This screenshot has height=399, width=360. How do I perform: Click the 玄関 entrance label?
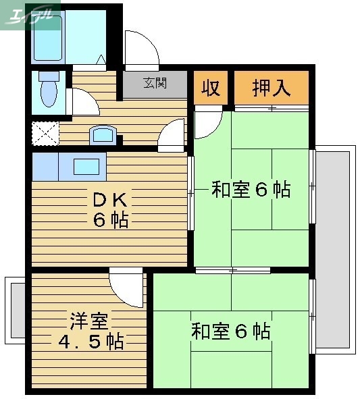(x=155, y=84)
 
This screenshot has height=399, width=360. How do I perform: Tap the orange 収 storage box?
(x=211, y=88)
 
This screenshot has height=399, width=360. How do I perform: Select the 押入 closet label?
(x=272, y=88)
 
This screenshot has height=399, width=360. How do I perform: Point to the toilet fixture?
(x=49, y=90)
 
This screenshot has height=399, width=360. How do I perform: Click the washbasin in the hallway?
(x=103, y=135)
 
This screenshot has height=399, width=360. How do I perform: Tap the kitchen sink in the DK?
(x=86, y=165)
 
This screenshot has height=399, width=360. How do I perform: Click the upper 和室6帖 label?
(x=251, y=190)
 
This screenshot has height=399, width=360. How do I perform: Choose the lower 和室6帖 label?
(x=230, y=331)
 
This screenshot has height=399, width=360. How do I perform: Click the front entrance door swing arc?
(x=142, y=49)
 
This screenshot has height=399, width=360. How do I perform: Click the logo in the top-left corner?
(x=30, y=15)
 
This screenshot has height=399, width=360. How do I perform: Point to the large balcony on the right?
(x=335, y=250)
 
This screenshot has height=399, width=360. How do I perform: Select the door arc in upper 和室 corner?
(x=207, y=123)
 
